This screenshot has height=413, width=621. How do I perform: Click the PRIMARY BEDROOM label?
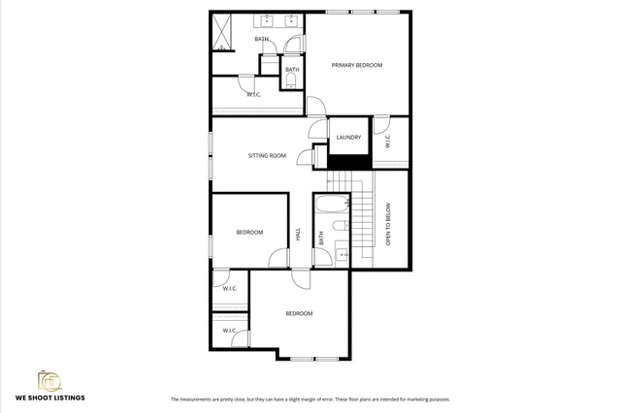coord(357,65)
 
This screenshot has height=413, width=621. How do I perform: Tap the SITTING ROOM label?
coord(266,155)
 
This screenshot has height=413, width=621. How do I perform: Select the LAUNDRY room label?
coord(349,138)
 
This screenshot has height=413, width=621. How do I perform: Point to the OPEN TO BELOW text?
coord(388,224)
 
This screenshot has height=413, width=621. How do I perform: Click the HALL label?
coord(298,236)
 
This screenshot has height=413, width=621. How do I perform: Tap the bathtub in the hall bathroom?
coord(331,205)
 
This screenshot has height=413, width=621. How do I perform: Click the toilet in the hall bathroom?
coord(339,227)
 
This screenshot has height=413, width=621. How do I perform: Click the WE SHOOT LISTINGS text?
coord(49,397)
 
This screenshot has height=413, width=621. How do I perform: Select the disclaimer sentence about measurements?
coord(310,398)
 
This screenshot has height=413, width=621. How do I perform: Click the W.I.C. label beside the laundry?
coord(388,141)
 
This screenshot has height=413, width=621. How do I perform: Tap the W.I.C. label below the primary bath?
coord(253,94)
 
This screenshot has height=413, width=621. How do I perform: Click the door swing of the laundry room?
coord(318,128)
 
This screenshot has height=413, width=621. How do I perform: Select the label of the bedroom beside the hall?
coord(249,232)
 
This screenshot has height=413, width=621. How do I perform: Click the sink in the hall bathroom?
coord(341,255)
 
